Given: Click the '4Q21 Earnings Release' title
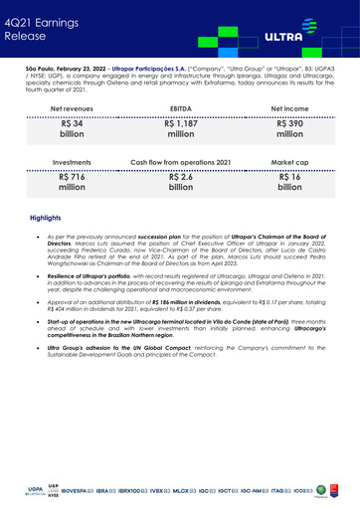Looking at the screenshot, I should coord(37,26).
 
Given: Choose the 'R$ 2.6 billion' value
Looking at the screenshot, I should coord(180,185).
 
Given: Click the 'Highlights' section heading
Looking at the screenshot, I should coord(47,229).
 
